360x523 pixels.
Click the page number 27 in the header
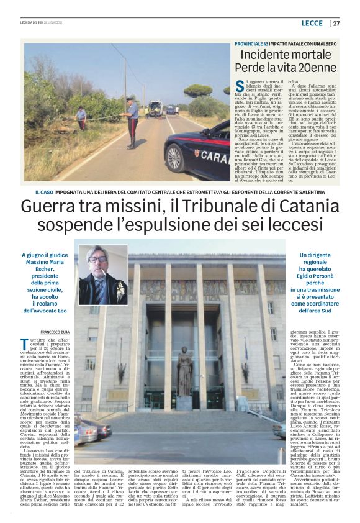[336, 24]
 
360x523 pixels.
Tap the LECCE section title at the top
[312, 24]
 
